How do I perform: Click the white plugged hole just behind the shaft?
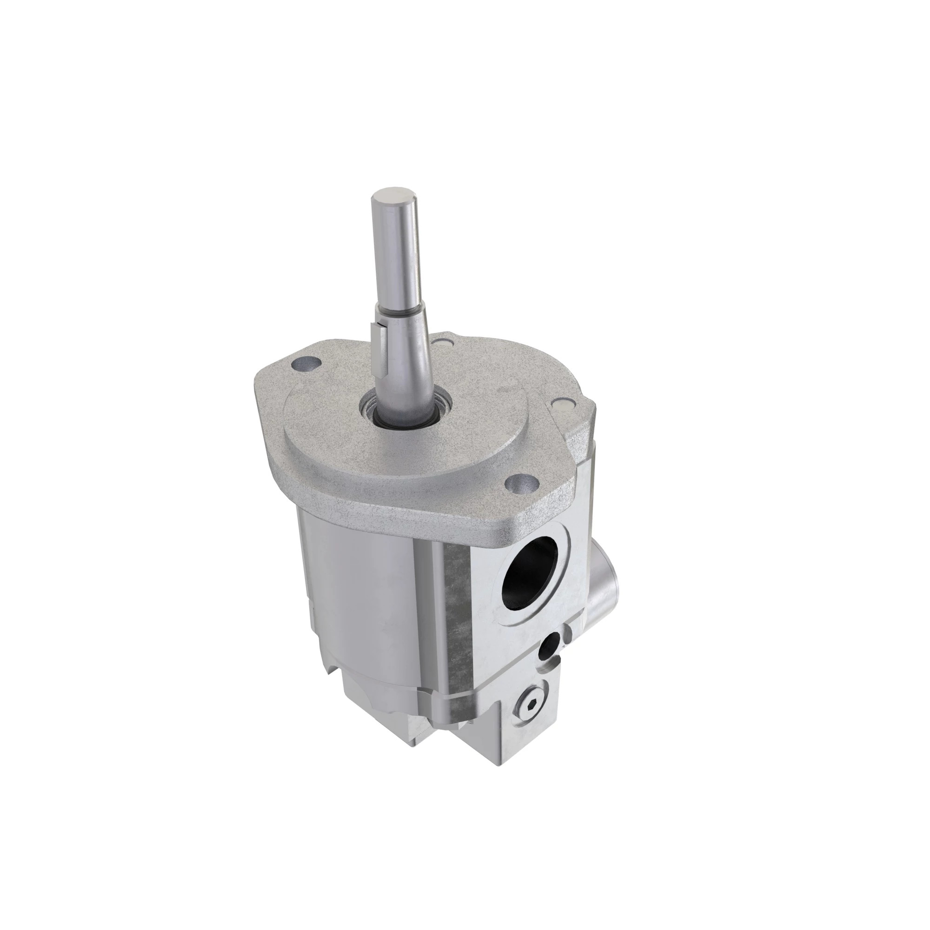(442, 343)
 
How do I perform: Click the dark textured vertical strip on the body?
(455, 626)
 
